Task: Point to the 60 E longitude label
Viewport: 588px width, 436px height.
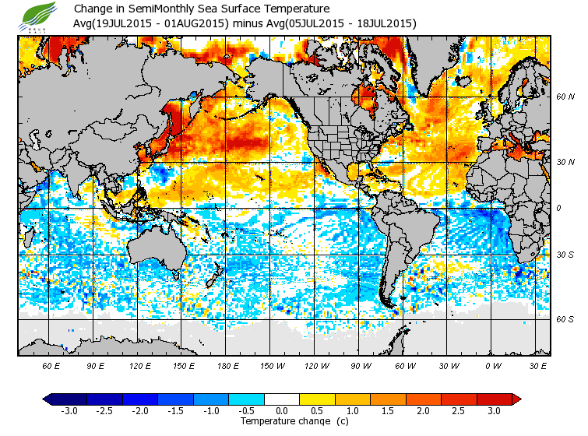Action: [x=51, y=365]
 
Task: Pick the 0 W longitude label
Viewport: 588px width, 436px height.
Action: [x=492, y=365]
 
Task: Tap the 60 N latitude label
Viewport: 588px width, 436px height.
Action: [x=565, y=97]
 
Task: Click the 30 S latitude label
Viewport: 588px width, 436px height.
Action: [x=565, y=255]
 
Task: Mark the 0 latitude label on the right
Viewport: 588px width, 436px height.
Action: [x=559, y=208]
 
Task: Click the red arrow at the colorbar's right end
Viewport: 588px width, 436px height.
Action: [x=516, y=399]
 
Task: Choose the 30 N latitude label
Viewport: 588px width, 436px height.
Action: [x=565, y=161]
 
